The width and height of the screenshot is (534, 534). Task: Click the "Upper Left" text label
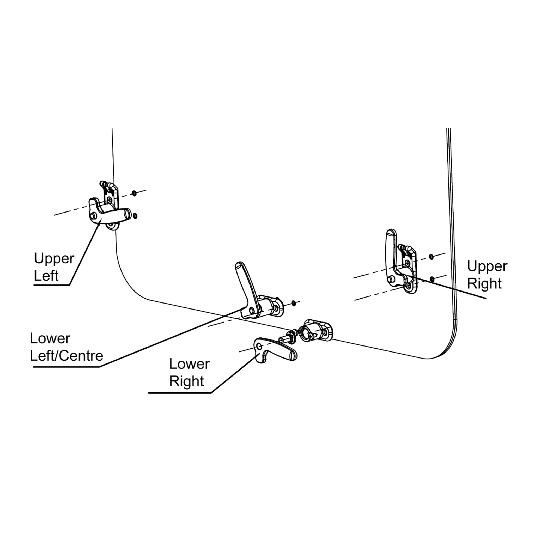pyautogui.click(x=54, y=267)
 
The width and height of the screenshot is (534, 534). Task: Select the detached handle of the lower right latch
pyautogui.click(x=276, y=351)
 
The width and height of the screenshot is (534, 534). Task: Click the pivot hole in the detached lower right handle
pyautogui.click(x=259, y=346)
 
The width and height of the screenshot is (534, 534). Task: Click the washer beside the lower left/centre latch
pyautogui.click(x=294, y=303)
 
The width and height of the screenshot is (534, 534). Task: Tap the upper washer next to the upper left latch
pyautogui.click(x=134, y=193)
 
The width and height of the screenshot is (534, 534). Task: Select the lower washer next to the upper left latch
pyautogui.click(x=135, y=216)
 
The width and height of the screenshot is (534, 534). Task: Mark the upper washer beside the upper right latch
pyautogui.click(x=431, y=257)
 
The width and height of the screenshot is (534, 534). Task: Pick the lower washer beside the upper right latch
pyautogui.click(x=432, y=279)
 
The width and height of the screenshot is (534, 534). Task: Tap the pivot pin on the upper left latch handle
pyautogui.click(x=93, y=216)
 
